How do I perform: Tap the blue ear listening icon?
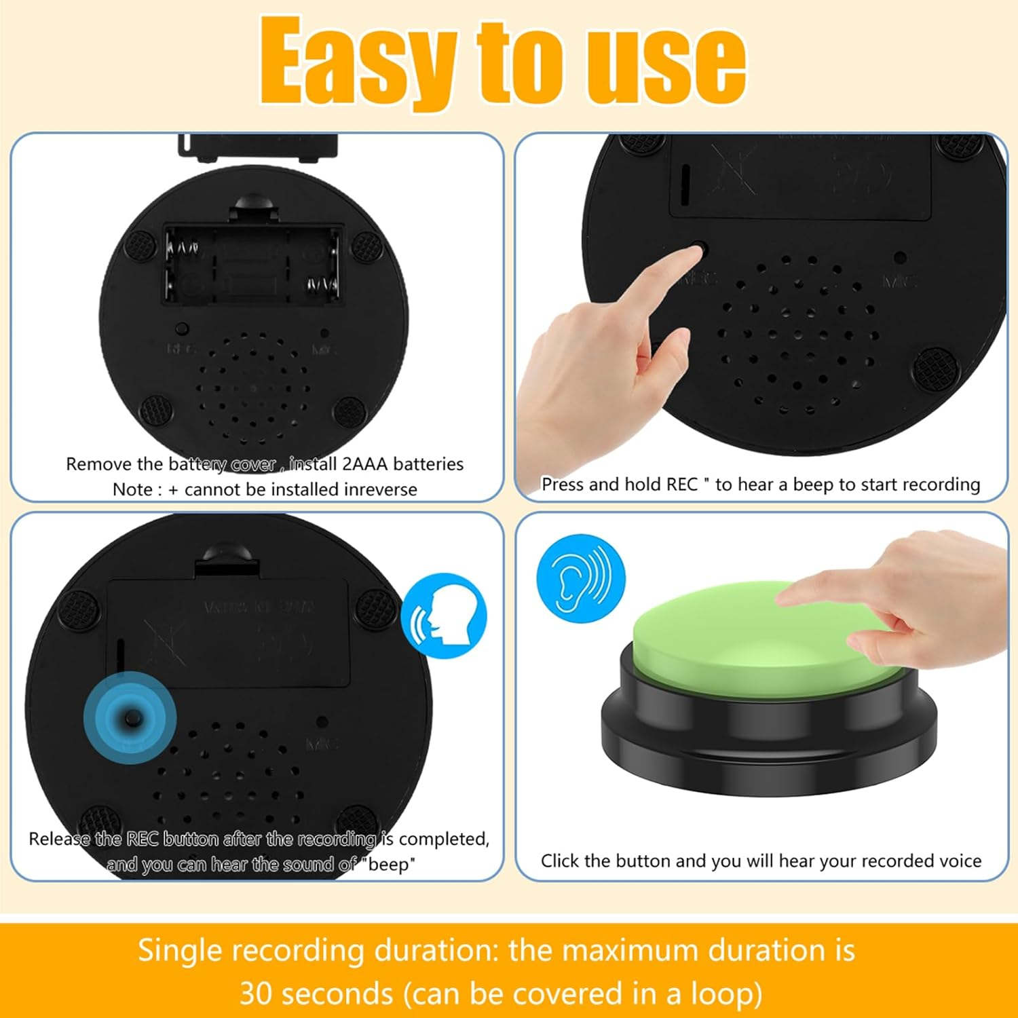pyautogui.click(x=580, y=578)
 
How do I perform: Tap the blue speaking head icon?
pyautogui.click(x=444, y=616)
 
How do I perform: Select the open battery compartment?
pyautogui.click(x=252, y=265)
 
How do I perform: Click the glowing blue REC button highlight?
pyautogui.click(x=130, y=718)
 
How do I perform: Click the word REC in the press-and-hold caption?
pyautogui.click(x=682, y=485)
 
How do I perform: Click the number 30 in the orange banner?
pyautogui.click(x=257, y=994)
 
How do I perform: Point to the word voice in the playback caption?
pyautogui.click(x=958, y=861)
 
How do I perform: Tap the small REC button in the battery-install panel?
pyautogui.click(x=181, y=329)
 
